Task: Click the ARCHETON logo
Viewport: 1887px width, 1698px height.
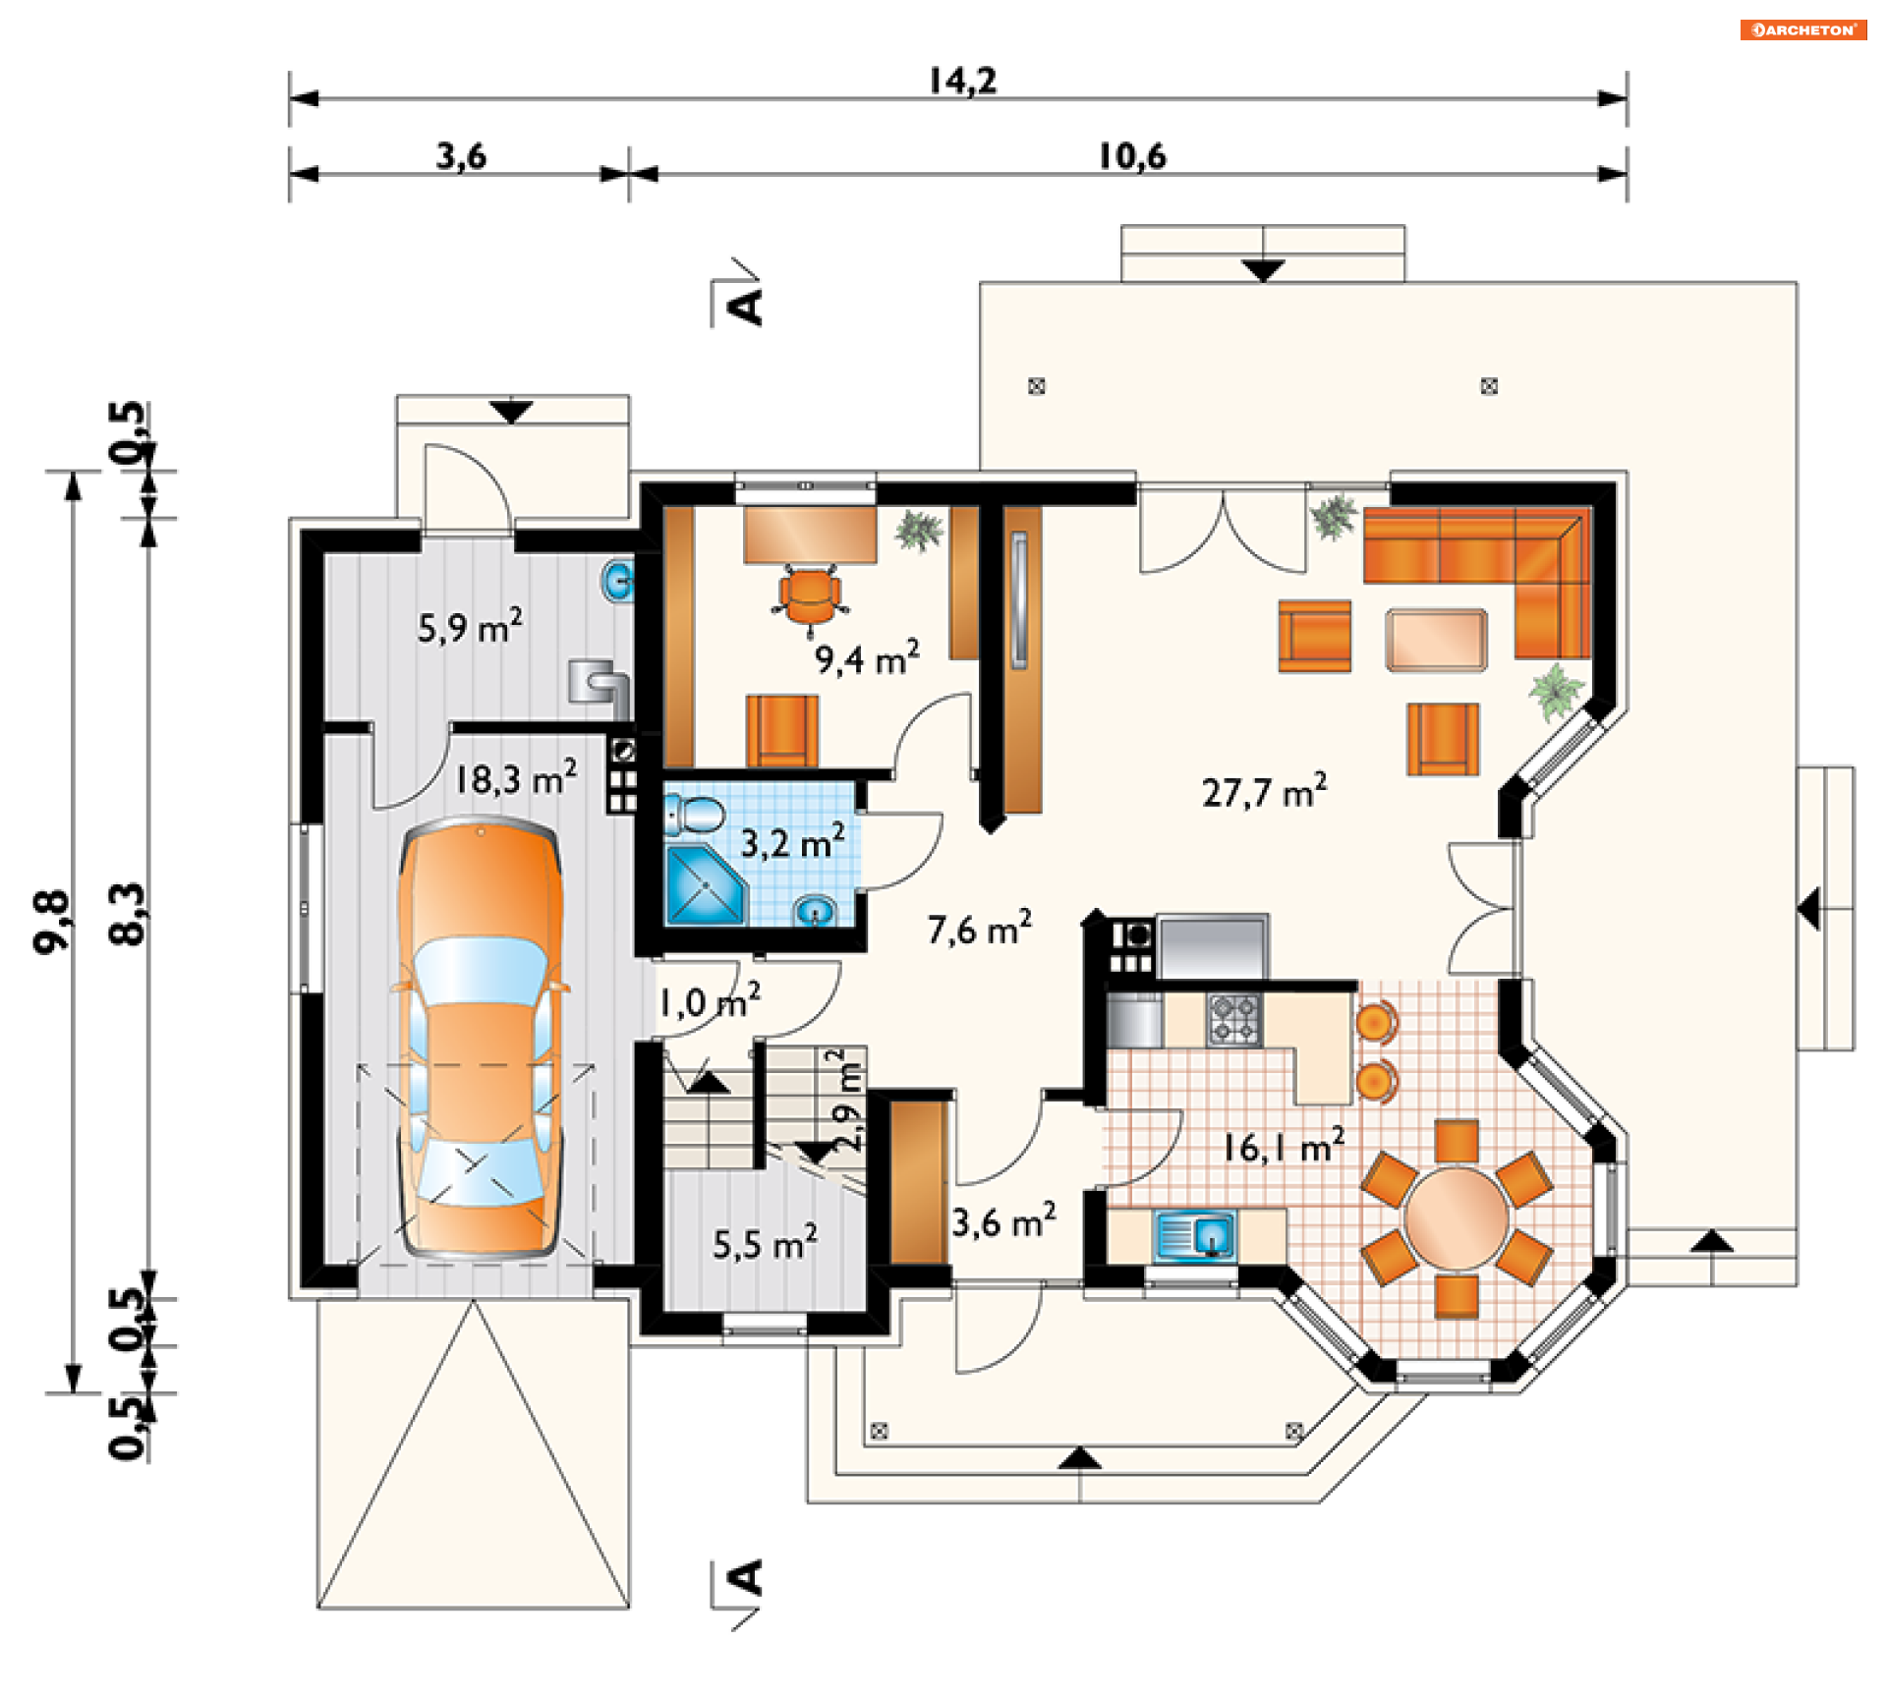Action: coord(1802,30)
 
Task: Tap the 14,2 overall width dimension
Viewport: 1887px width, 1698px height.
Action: coord(963,81)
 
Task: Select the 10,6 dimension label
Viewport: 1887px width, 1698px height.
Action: coord(1132,156)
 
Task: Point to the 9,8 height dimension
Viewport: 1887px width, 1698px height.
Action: coord(52,921)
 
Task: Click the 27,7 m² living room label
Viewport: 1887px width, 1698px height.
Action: coord(1264,790)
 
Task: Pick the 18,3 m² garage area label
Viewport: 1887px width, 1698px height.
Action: coord(515,778)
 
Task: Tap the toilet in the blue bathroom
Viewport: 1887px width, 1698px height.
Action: coord(695,816)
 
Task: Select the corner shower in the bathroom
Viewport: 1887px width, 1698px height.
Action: coord(706,884)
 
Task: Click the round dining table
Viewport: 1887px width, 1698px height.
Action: coord(1456,1218)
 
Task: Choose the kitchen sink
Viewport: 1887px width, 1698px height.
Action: coord(1195,1235)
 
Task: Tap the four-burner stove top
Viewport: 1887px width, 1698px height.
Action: coord(1234,1020)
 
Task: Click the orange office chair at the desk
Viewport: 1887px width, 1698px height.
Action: coord(810,595)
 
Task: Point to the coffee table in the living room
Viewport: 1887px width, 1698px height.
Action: coord(1436,640)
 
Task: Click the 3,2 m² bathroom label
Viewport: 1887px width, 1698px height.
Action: coord(792,842)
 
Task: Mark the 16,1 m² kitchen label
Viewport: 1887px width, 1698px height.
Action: coord(1283,1146)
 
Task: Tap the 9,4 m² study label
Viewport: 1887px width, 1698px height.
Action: coord(867,657)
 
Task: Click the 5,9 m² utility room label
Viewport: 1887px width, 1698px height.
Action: coord(470,626)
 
